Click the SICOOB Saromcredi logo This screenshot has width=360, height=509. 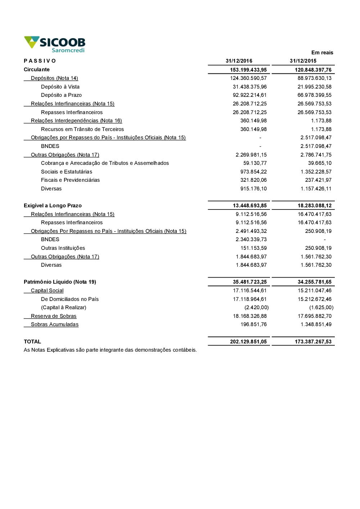pyautogui.click(x=55, y=44)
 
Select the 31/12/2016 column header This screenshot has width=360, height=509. pyautogui.click(x=239, y=61)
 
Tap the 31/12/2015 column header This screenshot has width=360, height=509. pyautogui.click(x=303, y=61)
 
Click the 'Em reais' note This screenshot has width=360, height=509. pyautogui.click(x=322, y=53)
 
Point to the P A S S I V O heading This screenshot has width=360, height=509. pyautogui.click(x=40, y=61)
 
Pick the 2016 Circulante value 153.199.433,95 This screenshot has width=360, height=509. pyautogui.click(x=248, y=70)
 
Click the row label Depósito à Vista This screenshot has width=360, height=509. pyautogui.click(x=60, y=87)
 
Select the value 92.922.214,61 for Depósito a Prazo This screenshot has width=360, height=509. pyautogui.click(x=250, y=95)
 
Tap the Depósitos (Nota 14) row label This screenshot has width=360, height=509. pyautogui.click(x=54, y=78)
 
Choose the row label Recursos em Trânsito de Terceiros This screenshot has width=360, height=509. pyautogui.click(x=82, y=129)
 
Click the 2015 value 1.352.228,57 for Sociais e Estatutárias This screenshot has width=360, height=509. pyautogui.click(x=316, y=172)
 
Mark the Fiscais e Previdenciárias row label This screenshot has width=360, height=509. pyautogui.click(x=70, y=180)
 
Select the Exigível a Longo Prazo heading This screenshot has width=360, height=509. pyautogui.click(x=53, y=206)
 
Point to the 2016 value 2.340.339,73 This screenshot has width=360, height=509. pyautogui.click(x=251, y=239)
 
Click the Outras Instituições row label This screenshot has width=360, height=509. pyautogui.click(x=63, y=248)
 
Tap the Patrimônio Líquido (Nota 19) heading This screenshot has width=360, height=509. pyautogui.click(x=60, y=282)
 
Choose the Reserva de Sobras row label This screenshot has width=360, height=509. pyautogui.click(x=54, y=316)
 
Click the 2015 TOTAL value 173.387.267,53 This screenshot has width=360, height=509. pyautogui.click(x=313, y=342)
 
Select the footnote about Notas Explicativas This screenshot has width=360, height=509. pyautogui.click(x=110, y=350)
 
